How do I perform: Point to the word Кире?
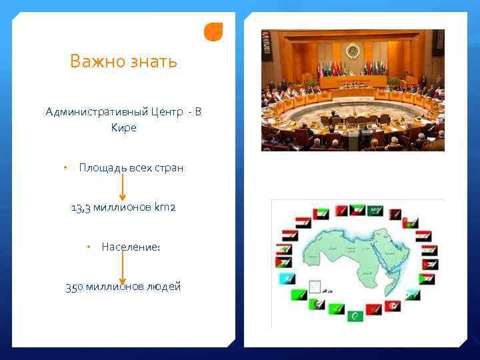(x=123, y=127)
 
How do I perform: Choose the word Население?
(x=131, y=247)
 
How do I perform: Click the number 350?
(x=74, y=287)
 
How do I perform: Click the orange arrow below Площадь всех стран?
(x=122, y=187)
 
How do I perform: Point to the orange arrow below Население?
(x=122, y=267)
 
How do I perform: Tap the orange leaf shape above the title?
(x=213, y=31)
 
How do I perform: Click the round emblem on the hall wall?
(x=353, y=51)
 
